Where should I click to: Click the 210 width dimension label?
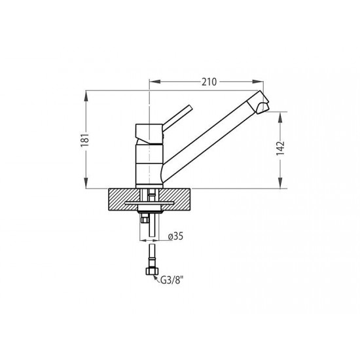pyautogui.click(x=209, y=82)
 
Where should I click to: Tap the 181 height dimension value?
pyautogui.click(x=84, y=140)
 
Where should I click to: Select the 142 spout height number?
pyautogui.click(x=280, y=149)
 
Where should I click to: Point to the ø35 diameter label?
pyautogui.click(x=175, y=236)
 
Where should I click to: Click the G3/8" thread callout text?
pyautogui.click(x=172, y=280)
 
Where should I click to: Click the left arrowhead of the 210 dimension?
pyautogui.click(x=155, y=82)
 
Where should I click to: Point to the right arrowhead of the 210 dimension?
pyautogui.click(x=258, y=82)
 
